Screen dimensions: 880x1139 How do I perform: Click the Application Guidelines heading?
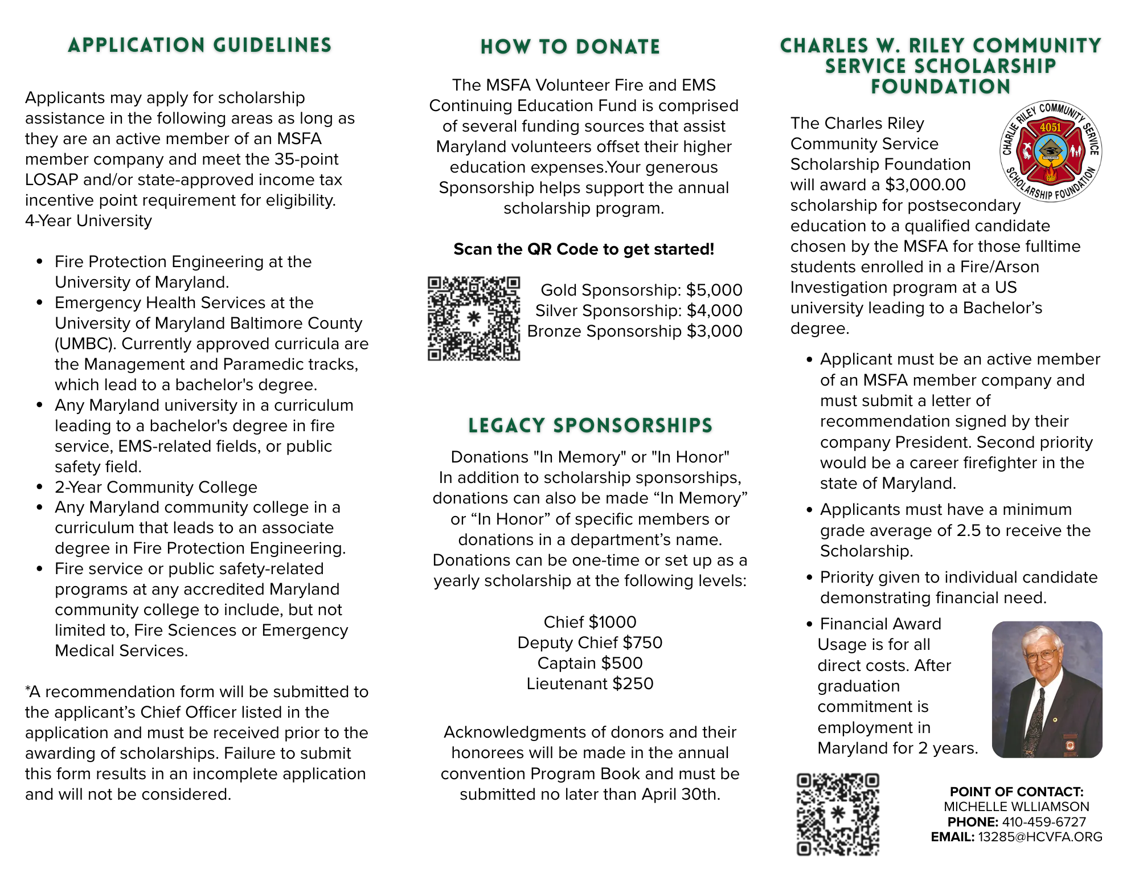pyautogui.click(x=199, y=45)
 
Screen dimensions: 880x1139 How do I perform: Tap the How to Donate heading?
pyautogui.click(x=570, y=47)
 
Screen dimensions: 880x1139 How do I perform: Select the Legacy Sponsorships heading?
pyautogui.click(x=590, y=425)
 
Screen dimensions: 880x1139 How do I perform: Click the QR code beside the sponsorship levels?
pyautogui.click(x=474, y=318)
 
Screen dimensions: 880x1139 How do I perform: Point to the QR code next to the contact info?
pyautogui.click(x=838, y=814)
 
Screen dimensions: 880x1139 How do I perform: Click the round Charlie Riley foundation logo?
pyautogui.click(x=1051, y=151)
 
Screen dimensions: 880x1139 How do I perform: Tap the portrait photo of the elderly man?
pyautogui.click(x=1047, y=689)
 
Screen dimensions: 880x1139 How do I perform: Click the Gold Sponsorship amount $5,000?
pyautogui.click(x=714, y=290)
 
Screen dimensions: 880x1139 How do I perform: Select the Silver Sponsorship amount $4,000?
pyautogui.click(x=714, y=310)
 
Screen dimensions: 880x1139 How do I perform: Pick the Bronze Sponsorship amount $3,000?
pyautogui.click(x=714, y=331)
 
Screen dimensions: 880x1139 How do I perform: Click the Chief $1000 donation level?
pyautogui.click(x=590, y=622)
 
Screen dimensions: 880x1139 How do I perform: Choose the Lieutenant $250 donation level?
pyautogui.click(x=590, y=683)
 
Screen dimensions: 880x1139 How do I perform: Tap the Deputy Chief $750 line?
pyautogui.click(x=590, y=642)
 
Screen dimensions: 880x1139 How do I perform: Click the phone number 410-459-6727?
pyautogui.click(x=1044, y=822)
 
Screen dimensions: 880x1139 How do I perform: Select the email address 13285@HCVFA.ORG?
pyautogui.click(x=1040, y=837)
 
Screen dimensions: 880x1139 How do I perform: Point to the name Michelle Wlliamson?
pyautogui.click(x=1017, y=807)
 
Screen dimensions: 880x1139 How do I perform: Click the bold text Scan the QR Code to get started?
pyautogui.click(x=584, y=249)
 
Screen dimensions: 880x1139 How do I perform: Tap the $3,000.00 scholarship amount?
pyautogui.click(x=925, y=185)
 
